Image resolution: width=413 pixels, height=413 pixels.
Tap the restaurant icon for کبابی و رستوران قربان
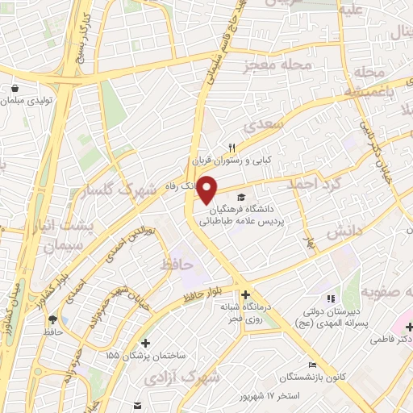coord(232,148)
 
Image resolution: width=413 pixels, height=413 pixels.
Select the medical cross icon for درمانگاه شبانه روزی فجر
coord(245,295)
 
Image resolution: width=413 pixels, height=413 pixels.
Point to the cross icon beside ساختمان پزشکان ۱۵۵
coord(144,343)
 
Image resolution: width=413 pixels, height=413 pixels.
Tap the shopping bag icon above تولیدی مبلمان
coord(15,90)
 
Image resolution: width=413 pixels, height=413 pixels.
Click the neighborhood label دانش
coord(344,232)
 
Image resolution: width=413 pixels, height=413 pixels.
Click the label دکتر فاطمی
coord(390,340)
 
